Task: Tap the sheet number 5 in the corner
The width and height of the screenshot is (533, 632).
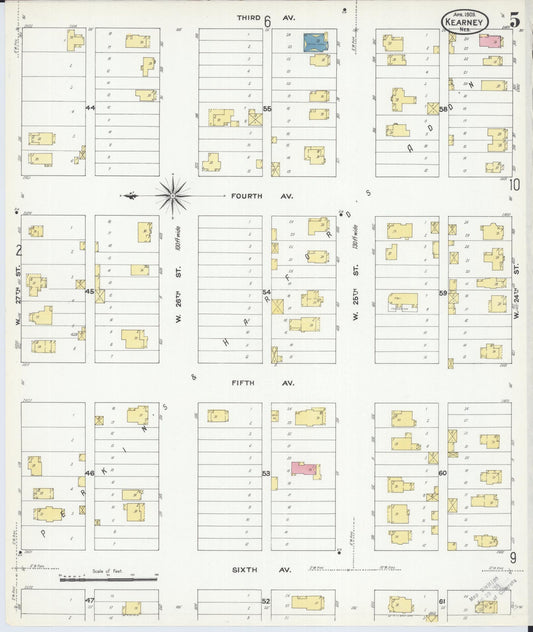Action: pos(513,20)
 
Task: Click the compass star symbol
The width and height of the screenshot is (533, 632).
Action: pos(173,194)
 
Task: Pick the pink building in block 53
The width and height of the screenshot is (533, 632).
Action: pos(305,468)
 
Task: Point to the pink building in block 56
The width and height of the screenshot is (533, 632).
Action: pos(489,41)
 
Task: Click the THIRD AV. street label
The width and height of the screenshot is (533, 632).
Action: pos(249,18)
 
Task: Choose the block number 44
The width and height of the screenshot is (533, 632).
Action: pos(89,107)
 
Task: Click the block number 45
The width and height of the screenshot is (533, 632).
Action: pos(89,292)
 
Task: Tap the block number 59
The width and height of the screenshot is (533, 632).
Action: pos(443,293)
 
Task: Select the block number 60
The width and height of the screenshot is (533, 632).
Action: pos(443,472)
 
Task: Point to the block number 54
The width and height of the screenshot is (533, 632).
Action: pos(266,292)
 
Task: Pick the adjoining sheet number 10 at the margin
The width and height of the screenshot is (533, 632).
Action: pos(514,184)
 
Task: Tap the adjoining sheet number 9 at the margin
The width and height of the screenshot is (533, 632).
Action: pos(512,558)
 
